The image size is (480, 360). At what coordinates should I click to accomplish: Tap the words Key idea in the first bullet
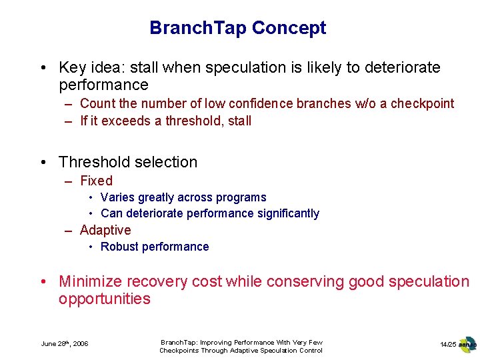point(88,67)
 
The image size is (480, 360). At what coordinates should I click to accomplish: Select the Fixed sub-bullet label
point(96,181)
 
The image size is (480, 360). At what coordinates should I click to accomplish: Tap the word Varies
point(117,197)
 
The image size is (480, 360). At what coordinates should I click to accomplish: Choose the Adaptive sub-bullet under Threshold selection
point(105,230)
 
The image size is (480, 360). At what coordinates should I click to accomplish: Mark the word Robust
point(119,247)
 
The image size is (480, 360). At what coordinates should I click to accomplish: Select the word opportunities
point(104,299)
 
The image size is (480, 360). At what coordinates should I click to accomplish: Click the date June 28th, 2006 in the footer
point(65,344)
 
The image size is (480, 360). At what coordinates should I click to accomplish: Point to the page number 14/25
point(447,344)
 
